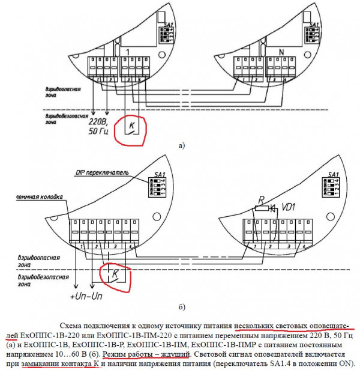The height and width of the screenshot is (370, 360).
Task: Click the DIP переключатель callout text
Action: point(101,172)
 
